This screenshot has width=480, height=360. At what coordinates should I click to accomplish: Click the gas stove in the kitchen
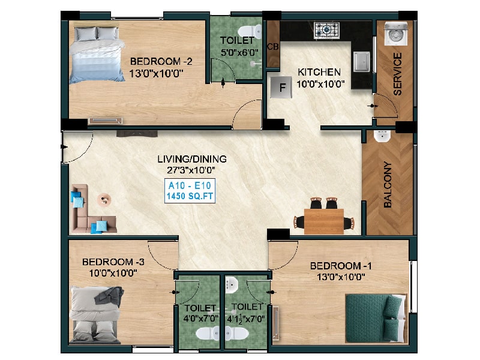[x=326, y=30]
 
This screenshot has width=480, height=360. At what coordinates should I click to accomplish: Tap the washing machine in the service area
[x=396, y=34]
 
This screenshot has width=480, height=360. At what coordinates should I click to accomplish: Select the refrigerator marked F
[x=281, y=87]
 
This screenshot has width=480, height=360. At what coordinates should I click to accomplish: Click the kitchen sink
[x=362, y=62]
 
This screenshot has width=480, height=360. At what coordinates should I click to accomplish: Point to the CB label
[x=272, y=46]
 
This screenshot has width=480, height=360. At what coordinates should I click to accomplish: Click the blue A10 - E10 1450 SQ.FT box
[x=190, y=191]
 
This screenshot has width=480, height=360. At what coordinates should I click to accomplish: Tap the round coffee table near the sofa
[x=104, y=200]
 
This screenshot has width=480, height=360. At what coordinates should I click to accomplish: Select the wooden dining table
[x=324, y=221]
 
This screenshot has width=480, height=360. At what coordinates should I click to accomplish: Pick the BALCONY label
[x=388, y=185]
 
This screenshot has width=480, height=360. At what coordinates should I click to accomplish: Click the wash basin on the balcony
[x=382, y=136]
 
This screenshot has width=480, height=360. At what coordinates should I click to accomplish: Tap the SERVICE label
[x=397, y=74]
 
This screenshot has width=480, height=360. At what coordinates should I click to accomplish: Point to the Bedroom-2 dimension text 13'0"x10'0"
[x=156, y=73]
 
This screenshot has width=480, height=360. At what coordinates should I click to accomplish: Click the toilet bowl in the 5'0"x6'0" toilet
[x=250, y=32]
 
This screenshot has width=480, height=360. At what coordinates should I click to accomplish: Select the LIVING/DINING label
[x=192, y=159]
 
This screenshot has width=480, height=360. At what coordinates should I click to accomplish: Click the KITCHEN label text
[x=319, y=72]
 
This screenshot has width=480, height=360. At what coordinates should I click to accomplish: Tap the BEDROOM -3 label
[x=113, y=262]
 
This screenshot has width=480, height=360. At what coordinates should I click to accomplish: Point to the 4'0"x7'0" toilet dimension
[x=201, y=319]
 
